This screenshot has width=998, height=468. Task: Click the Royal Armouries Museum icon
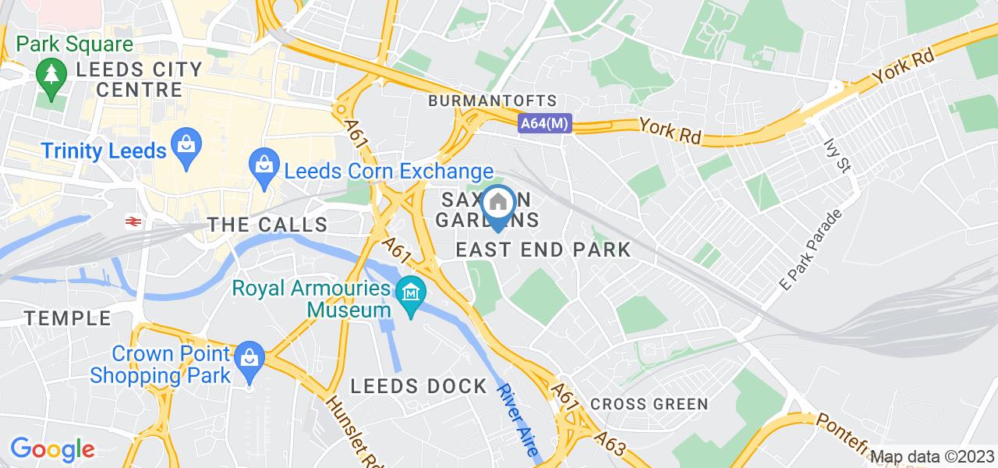[x=409, y=294]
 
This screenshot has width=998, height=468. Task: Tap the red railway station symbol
[x=133, y=222]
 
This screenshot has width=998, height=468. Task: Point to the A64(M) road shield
[x=545, y=122]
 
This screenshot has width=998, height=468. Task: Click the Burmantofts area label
[x=493, y=101]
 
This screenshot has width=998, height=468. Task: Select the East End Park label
[x=543, y=250]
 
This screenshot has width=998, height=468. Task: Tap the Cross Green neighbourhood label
[x=649, y=404]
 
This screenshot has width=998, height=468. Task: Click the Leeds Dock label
[x=419, y=386]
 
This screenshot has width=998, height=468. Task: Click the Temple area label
[x=68, y=318]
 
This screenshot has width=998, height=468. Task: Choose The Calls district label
[x=267, y=225]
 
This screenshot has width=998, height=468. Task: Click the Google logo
[x=51, y=448]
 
